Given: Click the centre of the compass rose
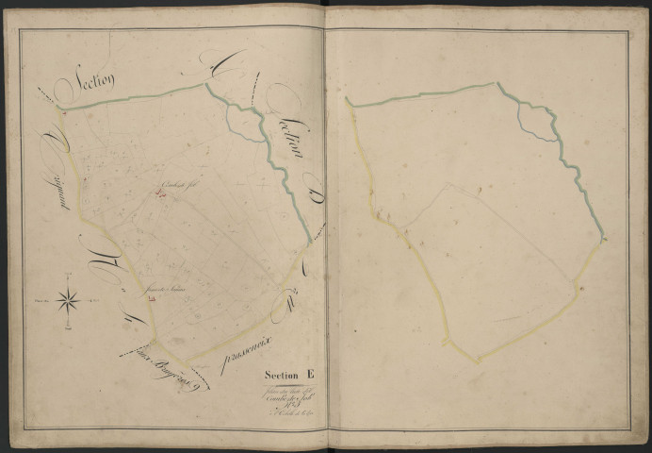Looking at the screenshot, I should pyautogui.click(x=69, y=302).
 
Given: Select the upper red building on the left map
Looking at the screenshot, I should pyautogui.click(x=161, y=194).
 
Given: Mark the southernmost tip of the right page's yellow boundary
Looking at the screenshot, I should pyautogui.click(x=477, y=361).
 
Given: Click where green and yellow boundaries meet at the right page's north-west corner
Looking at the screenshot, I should pyautogui.click(x=347, y=98).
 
